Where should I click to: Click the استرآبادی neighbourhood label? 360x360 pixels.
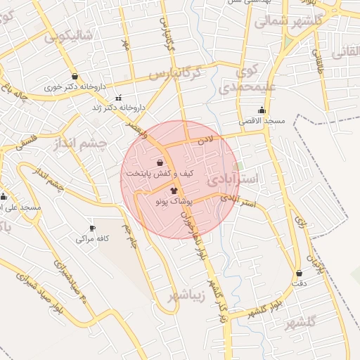pos(234,179)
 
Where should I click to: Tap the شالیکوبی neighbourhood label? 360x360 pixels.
pos(68,37)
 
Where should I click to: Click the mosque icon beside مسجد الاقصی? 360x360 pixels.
pos(262,110)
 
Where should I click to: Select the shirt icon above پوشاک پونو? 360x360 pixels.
pos(174,191)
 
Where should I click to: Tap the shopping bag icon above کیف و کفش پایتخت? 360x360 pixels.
pos(150,162)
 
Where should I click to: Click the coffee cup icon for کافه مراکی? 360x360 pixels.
pos(92,229)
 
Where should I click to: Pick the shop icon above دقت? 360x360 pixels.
pos(300,273)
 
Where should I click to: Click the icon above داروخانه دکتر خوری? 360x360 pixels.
pos(75,77)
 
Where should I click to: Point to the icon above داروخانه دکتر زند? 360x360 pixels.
pos(117,97)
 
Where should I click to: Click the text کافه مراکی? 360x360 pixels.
pos(94,239)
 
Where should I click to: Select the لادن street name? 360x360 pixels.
pos(215,141)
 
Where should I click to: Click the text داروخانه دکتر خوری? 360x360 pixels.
pos(75,88)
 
